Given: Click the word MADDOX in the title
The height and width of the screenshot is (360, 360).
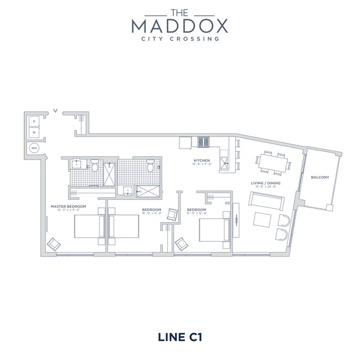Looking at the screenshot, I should pyautogui.click(x=179, y=25).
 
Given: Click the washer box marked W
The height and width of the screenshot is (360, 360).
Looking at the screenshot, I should pyautogui.click(x=33, y=133).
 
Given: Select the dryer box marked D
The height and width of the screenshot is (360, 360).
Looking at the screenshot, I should pyautogui.click(x=33, y=121).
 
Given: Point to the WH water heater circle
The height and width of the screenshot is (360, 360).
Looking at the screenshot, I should pyautogui.click(x=33, y=148).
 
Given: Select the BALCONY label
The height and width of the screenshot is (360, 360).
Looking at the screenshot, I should pyautogui.click(x=320, y=177).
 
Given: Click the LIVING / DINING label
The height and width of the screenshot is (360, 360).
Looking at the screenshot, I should pyautogui.click(x=264, y=183).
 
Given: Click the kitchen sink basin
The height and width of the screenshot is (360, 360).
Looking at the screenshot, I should pyautogui.click(x=224, y=163).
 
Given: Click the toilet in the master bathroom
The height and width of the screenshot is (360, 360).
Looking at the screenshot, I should pyautogui.click(x=95, y=164).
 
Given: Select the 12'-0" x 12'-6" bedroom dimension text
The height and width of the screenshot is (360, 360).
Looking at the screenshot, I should pyautogui.click(x=197, y=213).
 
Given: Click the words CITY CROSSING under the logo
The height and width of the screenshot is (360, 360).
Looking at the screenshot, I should pyautogui.click(x=179, y=39).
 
